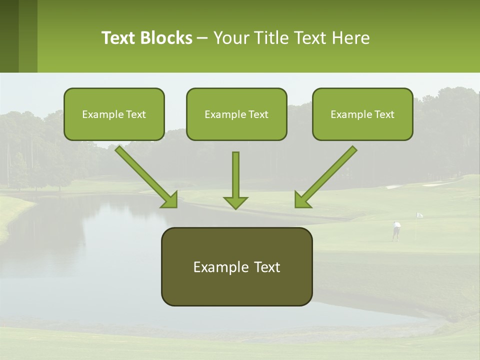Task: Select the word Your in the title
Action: [x=230, y=38]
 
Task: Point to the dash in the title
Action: [x=202, y=38]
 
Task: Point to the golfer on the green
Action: [x=396, y=230]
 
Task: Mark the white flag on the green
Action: [x=419, y=215]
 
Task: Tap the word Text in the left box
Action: [x=136, y=114]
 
